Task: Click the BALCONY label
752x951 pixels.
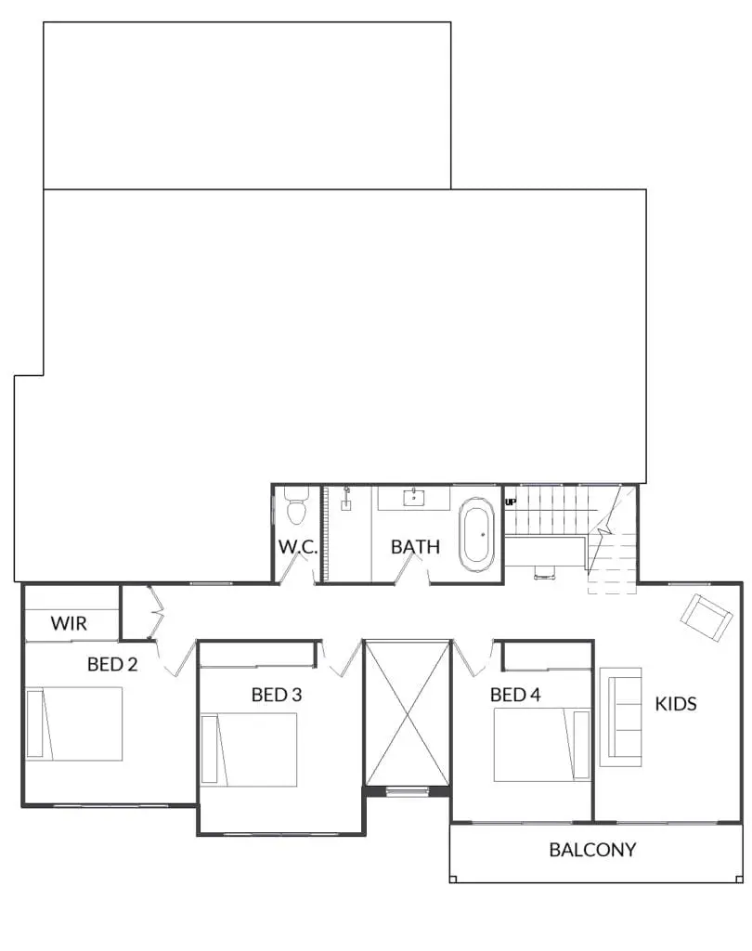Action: pos(592,850)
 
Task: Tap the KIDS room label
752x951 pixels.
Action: pos(676,704)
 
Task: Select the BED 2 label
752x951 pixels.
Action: pos(112,664)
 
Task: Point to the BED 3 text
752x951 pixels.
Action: pos(277,695)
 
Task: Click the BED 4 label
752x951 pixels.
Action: pos(515,695)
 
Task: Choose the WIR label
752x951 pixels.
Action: pos(69,623)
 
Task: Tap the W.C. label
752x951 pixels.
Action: pos(298,546)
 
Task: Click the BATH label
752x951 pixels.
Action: pos(415,546)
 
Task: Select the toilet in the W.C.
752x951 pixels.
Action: pos(296,506)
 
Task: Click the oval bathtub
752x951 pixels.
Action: pos(476,535)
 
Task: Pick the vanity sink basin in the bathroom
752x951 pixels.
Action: pos(414,498)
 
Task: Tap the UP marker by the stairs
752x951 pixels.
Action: pos(511,502)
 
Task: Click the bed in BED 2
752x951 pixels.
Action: pos(74,723)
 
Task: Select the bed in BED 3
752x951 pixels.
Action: pos(249,749)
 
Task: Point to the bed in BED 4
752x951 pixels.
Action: pos(542,745)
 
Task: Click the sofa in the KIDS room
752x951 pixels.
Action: pos(620,717)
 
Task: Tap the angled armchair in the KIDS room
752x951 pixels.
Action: pos(706,618)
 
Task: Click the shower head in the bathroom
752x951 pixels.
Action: pos(347,498)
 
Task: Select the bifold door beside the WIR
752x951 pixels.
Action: pos(157,613)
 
